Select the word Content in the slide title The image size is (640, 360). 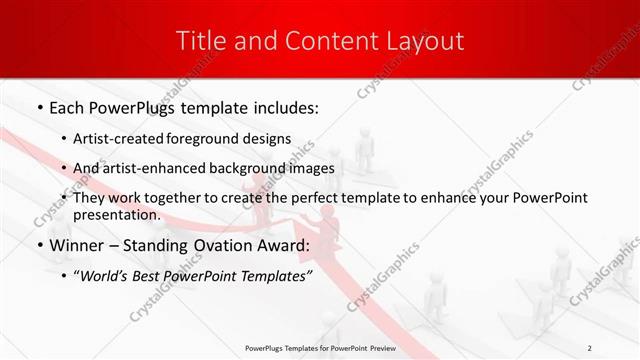coord(319,41)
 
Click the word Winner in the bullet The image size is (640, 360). coord(80,245)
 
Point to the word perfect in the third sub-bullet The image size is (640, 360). coord(318,198)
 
